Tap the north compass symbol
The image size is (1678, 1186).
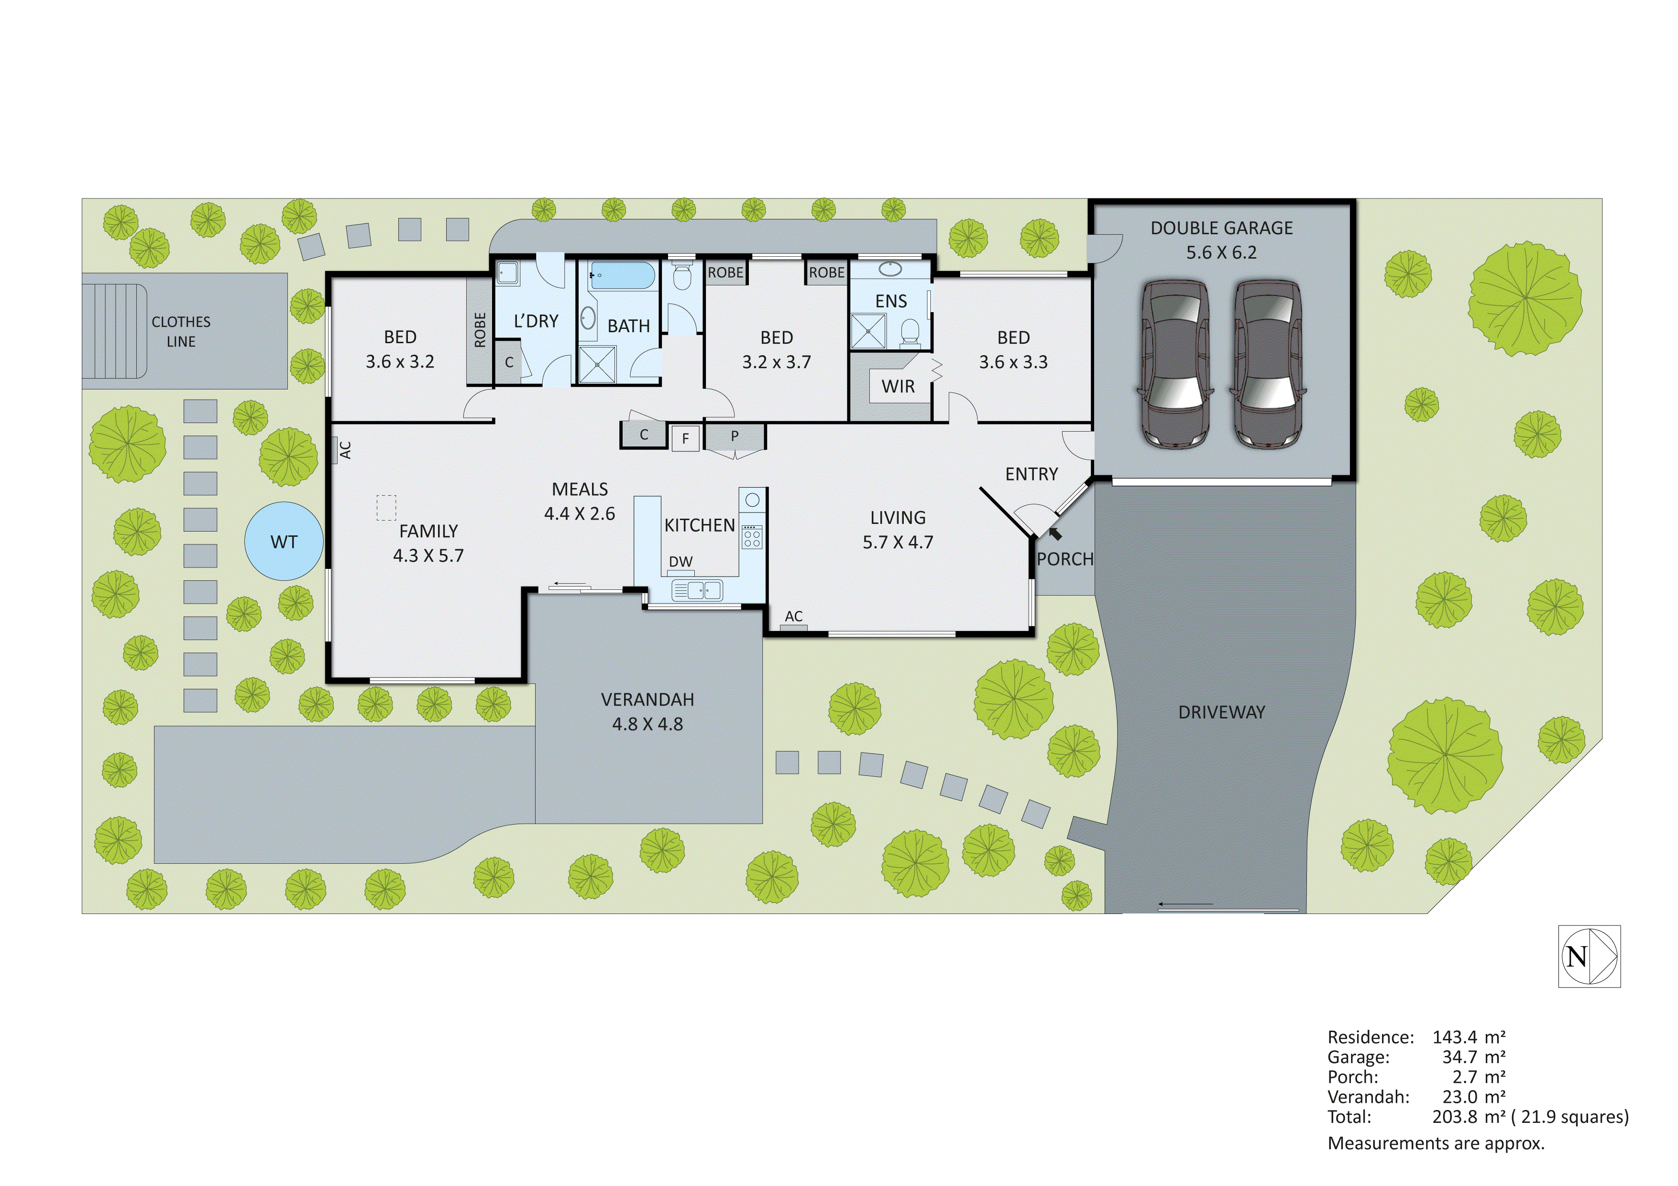(1589, 957)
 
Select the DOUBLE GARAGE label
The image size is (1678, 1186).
(1221, 228)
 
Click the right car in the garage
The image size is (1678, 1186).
(1268, 363)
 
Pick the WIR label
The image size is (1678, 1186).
(898, 387)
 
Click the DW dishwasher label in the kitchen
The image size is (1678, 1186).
(680, 561)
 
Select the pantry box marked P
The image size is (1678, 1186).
(735, 436)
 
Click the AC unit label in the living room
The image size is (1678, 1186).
(794, 617)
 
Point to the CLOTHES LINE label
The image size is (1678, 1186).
(181, 331)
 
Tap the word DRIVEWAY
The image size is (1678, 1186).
(1221, 712)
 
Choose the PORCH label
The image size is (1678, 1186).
(1065, 559)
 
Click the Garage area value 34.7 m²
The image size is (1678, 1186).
(1469, 1057)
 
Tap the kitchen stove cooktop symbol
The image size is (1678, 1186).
(752, 536)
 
